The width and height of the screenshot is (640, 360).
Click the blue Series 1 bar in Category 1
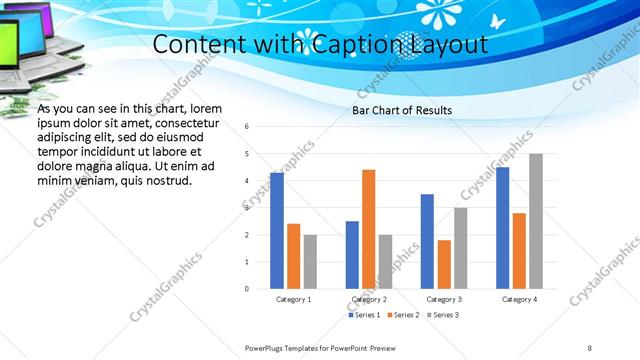click(x=277, y=231)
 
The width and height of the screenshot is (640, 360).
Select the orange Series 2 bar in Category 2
click(x=368, y=229)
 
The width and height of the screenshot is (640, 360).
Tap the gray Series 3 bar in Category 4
click(x=536, y=221)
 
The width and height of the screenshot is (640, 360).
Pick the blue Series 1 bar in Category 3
click(x=427, y=241)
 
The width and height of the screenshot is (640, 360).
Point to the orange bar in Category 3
click(x=444, y=264)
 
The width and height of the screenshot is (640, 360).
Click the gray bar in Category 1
click(x=310, y=262)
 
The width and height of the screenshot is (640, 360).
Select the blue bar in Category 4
click(x=502, y=228)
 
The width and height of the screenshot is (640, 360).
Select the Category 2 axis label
click(x=369, y=299)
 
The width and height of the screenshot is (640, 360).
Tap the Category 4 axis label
click(x=519, y=299)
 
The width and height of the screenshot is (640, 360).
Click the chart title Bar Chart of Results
click(x=402, y=110)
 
